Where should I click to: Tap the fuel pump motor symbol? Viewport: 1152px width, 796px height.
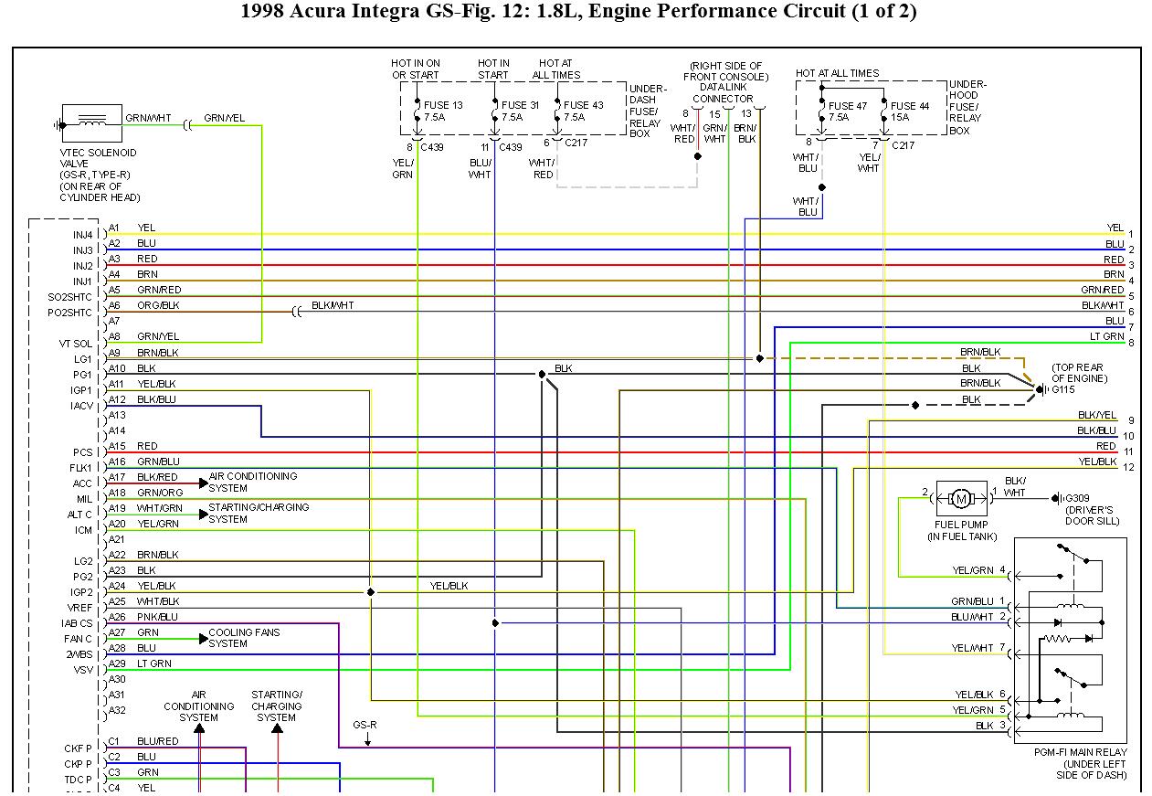[960, 498]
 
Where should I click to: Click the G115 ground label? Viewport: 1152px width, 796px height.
[1063, 389]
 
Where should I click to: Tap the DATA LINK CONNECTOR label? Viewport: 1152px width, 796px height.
[722, 93]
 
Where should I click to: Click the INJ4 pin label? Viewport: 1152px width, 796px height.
[83, 235]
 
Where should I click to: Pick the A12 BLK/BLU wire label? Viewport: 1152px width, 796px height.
[156, 399]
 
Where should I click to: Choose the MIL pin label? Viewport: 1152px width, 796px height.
[85, 499]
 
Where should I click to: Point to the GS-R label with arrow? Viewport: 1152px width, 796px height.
[365, 725]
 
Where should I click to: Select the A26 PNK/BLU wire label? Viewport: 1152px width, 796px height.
[157, 617]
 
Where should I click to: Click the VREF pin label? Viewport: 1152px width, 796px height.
[80, 608]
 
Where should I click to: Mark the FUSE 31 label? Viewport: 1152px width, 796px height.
[520, 105]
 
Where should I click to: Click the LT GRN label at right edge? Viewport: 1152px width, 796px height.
[1106, 336]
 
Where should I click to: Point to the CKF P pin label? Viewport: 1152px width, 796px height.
[78, 748]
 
